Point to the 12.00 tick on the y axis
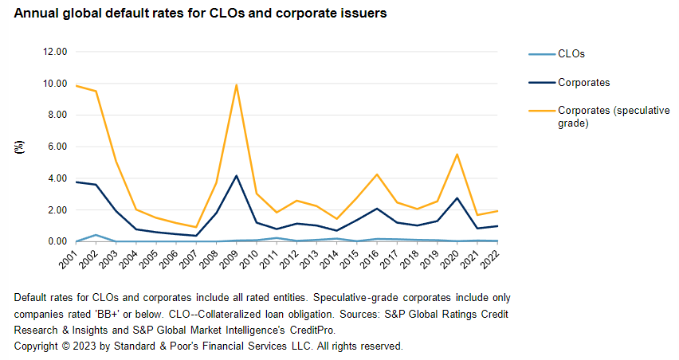[56, 52]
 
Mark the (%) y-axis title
[18, 147]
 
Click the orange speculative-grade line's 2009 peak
[237, 84]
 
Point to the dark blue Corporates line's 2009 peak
[237, 175]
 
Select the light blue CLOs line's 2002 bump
[96, 235]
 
